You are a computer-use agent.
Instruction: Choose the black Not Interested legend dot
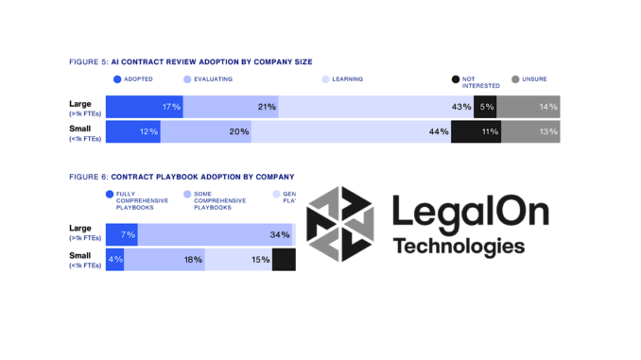456,79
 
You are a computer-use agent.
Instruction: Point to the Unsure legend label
535,79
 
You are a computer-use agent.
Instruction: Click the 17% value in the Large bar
171,107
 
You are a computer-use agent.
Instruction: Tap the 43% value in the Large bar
461,107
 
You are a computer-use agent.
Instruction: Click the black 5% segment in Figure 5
485,107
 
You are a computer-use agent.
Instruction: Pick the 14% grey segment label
547,107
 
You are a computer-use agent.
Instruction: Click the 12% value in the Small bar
148,132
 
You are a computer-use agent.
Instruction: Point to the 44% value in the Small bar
438,132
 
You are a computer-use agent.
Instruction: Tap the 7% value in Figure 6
128,234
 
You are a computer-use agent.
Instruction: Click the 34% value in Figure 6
280,234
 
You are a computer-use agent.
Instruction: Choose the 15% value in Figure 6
260,260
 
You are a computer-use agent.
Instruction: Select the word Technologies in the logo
459,248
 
